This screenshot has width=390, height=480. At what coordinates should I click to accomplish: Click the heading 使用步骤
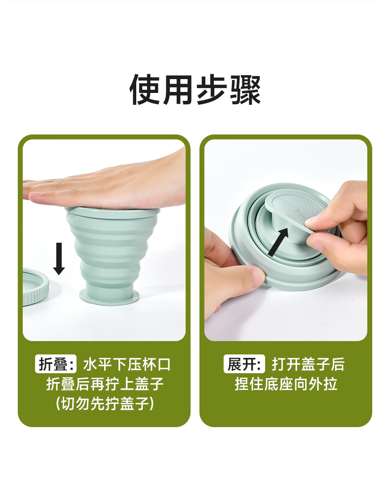pyautogui.click(x=195, y=89)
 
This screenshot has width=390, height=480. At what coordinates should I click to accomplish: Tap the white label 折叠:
pyautogui.click(x=56, y=364)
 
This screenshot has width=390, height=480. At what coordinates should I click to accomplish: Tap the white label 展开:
pyautogui.click(x=244, y=364)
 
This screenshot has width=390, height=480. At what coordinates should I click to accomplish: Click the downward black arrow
pyautogui.click(x=59, y=259)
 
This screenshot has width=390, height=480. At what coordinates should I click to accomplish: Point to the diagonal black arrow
pyautogui.click(x=278, y=242)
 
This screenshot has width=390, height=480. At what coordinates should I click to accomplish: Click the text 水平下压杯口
pyautogui.click(x=126, y=364)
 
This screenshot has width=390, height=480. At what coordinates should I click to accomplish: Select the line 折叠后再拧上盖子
pyautogui.click(x=105, y=384)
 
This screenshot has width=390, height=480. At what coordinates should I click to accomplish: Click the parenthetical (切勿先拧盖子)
pyautogui.click(x=105, y=403)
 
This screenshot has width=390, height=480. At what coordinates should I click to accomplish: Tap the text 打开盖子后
pyautogui.click(x=309, y=364)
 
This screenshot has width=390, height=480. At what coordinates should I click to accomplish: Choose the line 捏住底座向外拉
pyautogui.click(x=286, y=384)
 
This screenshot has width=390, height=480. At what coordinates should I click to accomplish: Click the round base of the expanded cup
pyautogui.click(x=110, y=296)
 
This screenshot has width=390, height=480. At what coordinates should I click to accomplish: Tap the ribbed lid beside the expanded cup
pyautogui.click(x=35, y=287)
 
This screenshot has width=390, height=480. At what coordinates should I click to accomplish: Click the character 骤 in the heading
pyautogui.click(x=245, y=90)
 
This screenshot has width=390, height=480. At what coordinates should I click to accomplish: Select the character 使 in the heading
pyautogui.click(x=145, y=90)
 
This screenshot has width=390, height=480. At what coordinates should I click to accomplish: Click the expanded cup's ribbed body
pyautogui.click(x=113, y=248)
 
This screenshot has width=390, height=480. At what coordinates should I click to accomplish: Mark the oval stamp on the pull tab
pyautogui.click(x=300, y=211)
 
